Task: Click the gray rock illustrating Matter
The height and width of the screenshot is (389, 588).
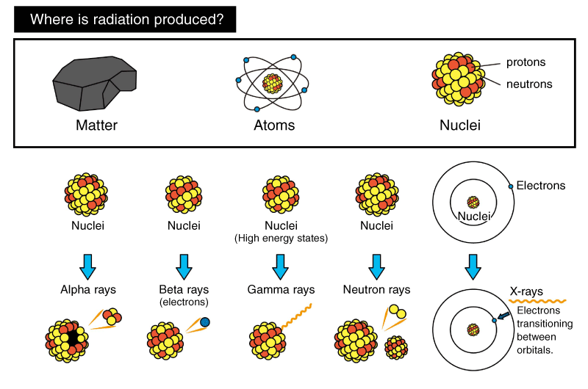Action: (x=94, y=81)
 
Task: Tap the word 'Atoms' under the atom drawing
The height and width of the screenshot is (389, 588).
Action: (x=273, y=126)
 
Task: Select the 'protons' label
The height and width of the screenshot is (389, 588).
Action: (x=526, y=63)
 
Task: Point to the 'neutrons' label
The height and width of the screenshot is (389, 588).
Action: (x=529, y=84)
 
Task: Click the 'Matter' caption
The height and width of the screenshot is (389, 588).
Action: (x=96, y=126)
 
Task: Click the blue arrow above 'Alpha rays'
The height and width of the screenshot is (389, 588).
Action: (x=88, y=264)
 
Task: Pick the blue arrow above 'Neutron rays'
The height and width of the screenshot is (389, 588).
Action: (x=376, y=264)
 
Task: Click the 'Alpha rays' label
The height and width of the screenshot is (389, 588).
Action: (x=88, y=289)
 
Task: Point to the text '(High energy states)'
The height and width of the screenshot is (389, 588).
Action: (x=280, y=239)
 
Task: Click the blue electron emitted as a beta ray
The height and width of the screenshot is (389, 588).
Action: (x=205, y=321)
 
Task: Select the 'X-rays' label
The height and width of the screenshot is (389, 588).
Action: (x=526, y=291)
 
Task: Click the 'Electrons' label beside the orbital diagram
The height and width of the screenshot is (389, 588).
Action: (x=541, y=186)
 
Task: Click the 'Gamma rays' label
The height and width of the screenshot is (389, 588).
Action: (x=281, y=289)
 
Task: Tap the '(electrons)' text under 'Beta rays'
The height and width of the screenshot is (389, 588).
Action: (x=184, y=302)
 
